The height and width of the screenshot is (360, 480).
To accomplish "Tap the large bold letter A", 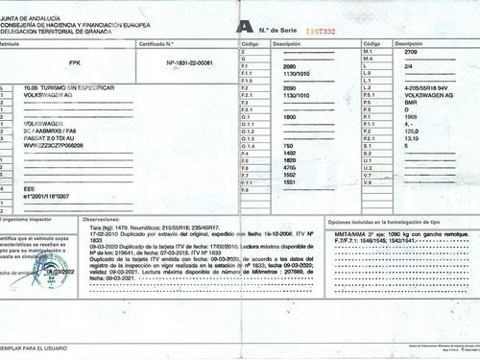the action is (248, 29).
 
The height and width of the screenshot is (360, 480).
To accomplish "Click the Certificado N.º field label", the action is (156, 44).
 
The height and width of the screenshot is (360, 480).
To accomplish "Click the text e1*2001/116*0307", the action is (48, 196).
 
